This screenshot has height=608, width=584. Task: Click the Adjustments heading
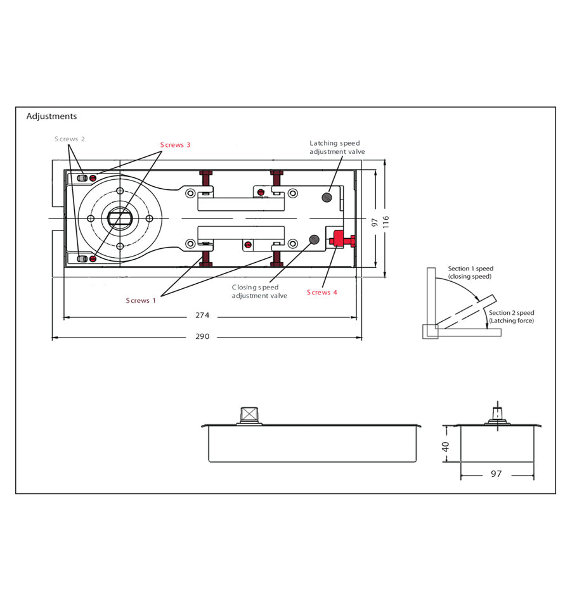coord(51,117)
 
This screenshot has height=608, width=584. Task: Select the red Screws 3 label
coord(175,145)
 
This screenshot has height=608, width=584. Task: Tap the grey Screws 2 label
coord(69,139)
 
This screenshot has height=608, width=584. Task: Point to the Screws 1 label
coord(141,300)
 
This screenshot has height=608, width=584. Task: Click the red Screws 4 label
coord(322,292)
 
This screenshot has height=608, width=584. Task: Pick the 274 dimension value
coord(202,315)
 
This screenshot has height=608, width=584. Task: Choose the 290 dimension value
coord(202,336)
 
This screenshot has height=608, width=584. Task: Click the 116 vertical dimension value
coord(386,223)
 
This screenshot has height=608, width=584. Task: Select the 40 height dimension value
coord(445,446)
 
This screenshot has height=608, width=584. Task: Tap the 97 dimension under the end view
coord(496,474)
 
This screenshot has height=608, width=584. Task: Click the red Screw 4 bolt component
coord(341,241)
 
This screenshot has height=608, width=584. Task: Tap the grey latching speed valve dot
coord(327,196)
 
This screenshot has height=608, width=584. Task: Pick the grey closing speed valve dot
coord(313,239)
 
